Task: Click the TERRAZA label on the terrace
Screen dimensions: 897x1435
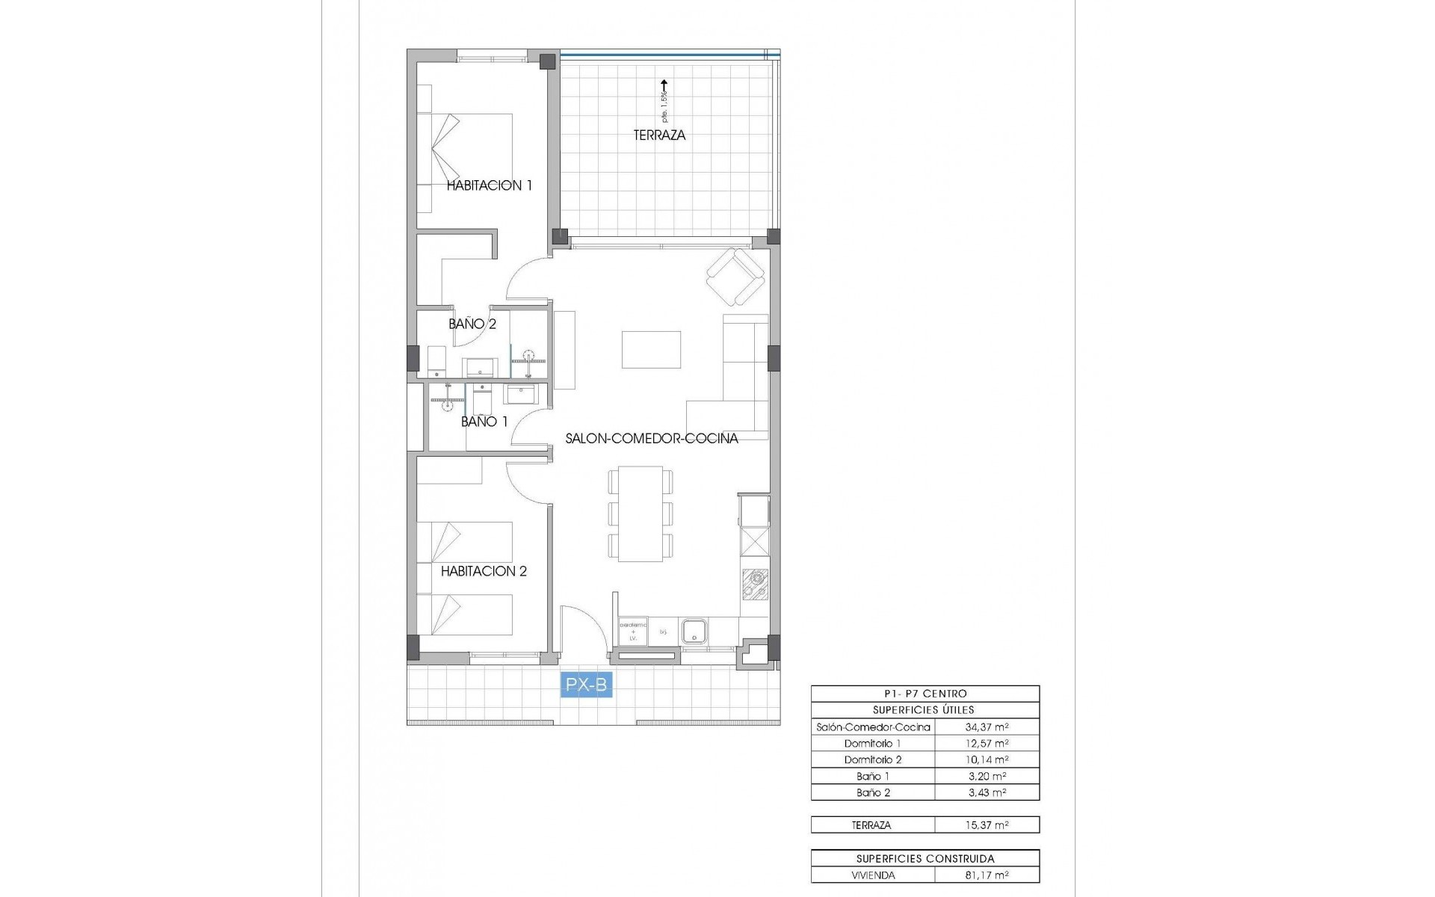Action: tap(659, 135)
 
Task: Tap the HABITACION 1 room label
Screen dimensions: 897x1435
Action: tap(489, 185)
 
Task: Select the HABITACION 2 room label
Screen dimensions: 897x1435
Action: tap(484, 571)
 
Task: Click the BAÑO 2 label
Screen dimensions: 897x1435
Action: tap(472, 324)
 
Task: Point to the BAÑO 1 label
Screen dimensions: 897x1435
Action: tap(484, 422)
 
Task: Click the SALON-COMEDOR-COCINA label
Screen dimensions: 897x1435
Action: tap(651, 439)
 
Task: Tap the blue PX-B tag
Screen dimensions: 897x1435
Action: tap(587, 685)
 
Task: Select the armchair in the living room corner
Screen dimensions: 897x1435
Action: tap(736, 277)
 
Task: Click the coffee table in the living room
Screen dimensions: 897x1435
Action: tap(651, 349)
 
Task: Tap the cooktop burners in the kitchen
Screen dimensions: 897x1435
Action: tap(755, 584)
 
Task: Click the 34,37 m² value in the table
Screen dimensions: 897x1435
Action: tap(987, 727)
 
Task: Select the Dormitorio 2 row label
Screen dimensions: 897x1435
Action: tap(872, 759)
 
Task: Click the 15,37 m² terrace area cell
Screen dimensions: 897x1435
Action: tap(987, 825)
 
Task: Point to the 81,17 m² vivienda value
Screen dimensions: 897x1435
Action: tap(987, 875)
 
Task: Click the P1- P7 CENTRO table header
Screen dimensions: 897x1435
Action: tap(925, 694)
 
